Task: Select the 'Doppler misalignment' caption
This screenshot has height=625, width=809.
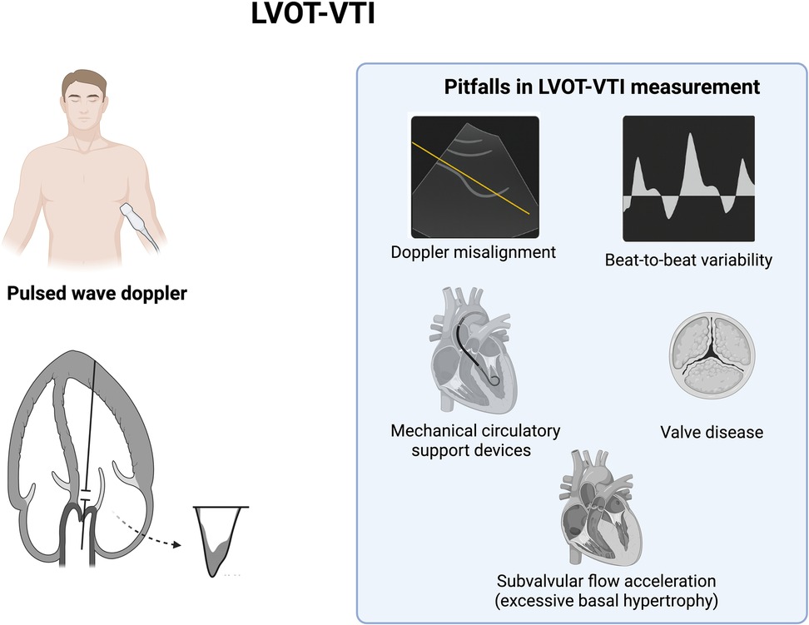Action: (x=473, y=250)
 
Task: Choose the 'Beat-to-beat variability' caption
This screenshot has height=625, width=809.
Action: (x=688, y=260)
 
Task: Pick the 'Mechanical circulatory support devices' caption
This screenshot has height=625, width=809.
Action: (x=475, y=440)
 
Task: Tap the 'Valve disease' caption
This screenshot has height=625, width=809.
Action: (x=711, y=432)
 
